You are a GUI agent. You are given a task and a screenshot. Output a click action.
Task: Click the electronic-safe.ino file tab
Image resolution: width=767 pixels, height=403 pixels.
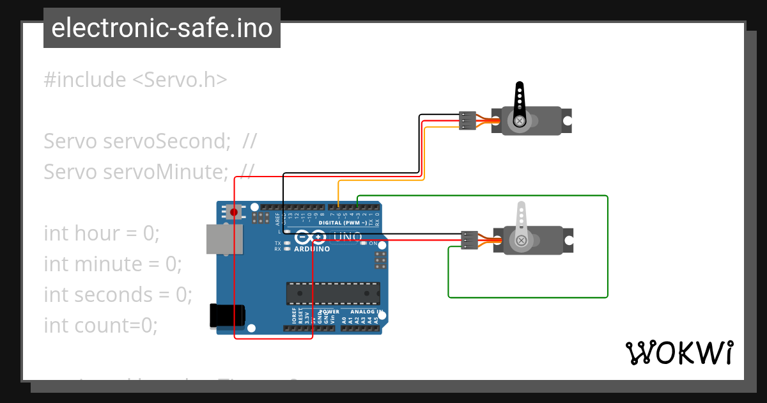point(162,28)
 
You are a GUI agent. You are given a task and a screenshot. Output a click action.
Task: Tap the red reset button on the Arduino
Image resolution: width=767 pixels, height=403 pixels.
point(234,212)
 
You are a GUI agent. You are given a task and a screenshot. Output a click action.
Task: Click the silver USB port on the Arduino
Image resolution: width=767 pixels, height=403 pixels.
point(221,239)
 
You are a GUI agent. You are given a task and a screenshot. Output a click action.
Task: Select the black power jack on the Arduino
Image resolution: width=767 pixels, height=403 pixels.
point(228,316)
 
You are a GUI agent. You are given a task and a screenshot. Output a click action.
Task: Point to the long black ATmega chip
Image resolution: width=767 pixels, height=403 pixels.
point(332,292)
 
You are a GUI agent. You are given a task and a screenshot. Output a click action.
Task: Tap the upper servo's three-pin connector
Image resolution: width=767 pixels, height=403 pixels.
point(468,120)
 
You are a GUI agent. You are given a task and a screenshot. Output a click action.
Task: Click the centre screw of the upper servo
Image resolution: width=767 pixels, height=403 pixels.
point(520,120)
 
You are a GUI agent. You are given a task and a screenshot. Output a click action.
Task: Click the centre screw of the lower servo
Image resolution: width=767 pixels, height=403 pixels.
point(522,241)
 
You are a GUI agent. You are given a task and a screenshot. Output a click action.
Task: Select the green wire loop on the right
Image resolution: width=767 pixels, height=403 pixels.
point(607,246)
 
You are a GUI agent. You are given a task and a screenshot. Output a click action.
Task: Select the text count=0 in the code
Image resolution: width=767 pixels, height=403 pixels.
point(116,325)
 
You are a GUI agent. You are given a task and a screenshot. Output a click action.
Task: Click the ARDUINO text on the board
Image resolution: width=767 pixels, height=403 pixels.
point(312,248)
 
